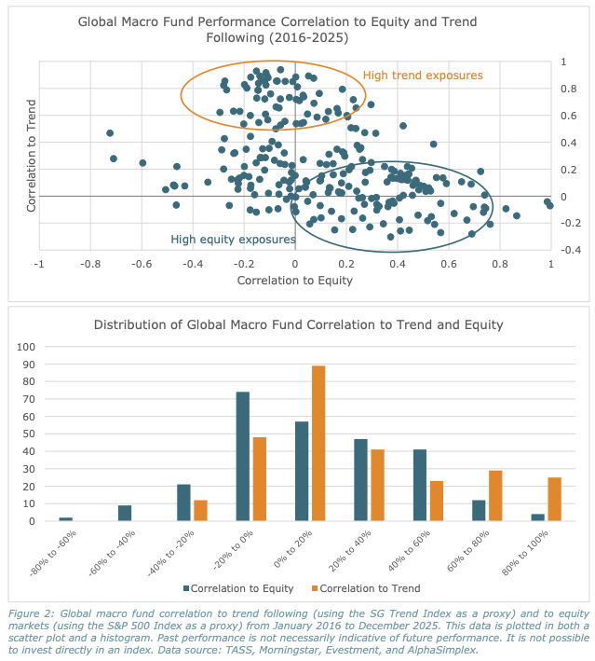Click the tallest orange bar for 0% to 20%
[318, 443]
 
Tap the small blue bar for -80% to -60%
[65, 518]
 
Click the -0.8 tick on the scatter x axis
[89, 264]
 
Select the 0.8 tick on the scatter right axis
[567, 89]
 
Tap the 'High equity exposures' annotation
[233, 240]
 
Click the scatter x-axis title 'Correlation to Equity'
[295, 280]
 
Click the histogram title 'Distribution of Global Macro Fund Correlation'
[298, 324]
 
